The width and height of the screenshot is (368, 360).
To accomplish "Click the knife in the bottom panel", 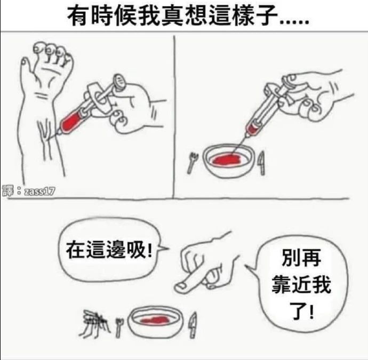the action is point(193,325).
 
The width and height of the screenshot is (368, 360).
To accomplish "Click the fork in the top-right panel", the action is point(193,163).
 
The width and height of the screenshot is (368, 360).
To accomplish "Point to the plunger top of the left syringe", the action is point(120,83).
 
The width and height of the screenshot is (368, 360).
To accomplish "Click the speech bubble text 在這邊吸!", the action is point(109,250).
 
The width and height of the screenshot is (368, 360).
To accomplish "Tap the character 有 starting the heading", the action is point(79,16).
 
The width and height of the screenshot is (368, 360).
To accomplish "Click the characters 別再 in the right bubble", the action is point(301,258).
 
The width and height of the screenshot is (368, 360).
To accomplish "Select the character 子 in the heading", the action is point(267,16).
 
